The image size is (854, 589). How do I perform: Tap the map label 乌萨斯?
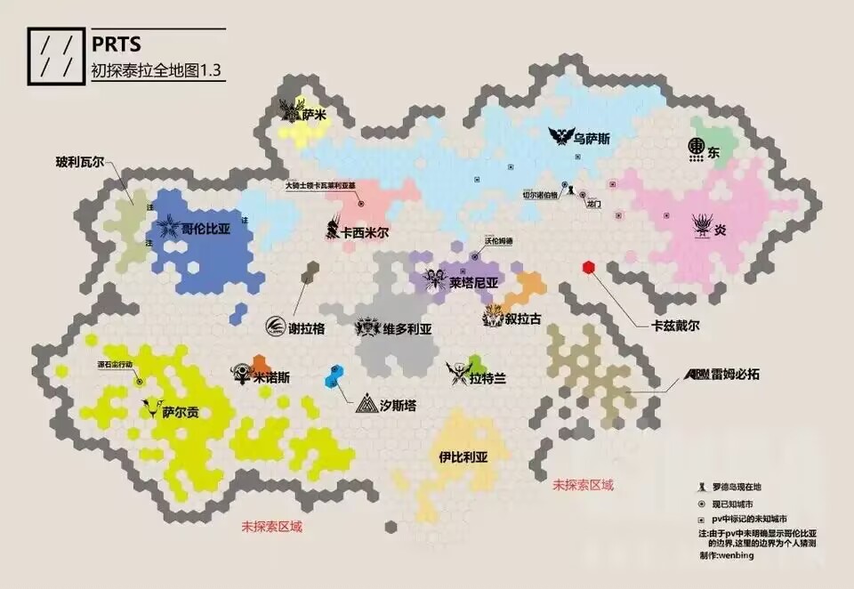(x=592, y=138)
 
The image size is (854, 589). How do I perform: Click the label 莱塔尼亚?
(x=473, y=283)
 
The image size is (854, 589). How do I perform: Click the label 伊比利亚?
(x=463, y=458)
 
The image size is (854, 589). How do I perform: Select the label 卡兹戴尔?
(x=675, y=327)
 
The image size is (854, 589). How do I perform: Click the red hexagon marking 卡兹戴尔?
(x=588, y=267)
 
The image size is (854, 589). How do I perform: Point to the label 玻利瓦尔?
(x=79, y=162)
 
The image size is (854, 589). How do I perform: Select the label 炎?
(x=721, y=229)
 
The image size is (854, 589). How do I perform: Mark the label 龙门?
(x=594, y=204)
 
